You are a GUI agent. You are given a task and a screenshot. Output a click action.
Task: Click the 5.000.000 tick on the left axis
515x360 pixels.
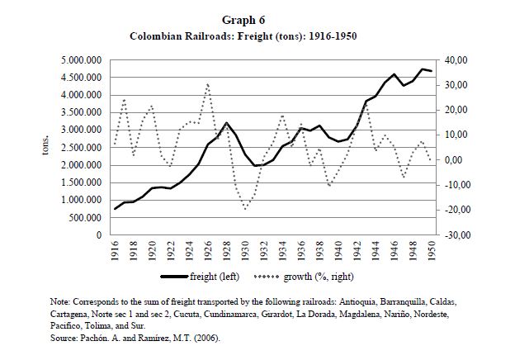click(x=87, y=60)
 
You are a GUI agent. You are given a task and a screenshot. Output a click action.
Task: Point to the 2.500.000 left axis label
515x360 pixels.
click(x=87, y=148)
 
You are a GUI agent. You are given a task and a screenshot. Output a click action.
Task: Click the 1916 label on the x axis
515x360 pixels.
click(x=115, y=251)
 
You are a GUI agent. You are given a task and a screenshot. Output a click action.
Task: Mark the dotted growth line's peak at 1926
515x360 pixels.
click(x=208, y=83)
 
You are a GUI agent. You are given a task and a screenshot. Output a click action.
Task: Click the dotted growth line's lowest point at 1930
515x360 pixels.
click(x=245, y=209)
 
